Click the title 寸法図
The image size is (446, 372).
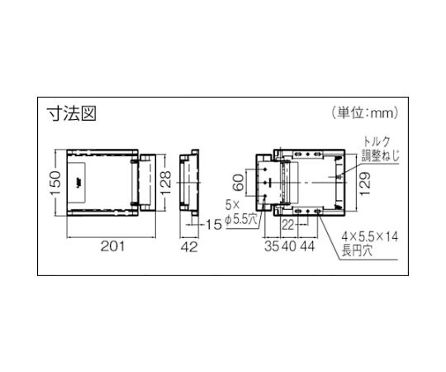click(x=72, y=114)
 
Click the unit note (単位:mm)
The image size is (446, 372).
click(x=365, y=113)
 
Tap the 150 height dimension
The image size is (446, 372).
click(x=56, y=183)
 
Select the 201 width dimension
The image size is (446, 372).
click(x=113, y=246)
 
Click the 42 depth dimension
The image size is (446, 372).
click(x=189, y=246)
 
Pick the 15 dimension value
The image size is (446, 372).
click(x=213, y=225)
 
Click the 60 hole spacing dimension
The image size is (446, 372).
click(x=239, y=183)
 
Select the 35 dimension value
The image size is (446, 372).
click(x=273, y=246)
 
